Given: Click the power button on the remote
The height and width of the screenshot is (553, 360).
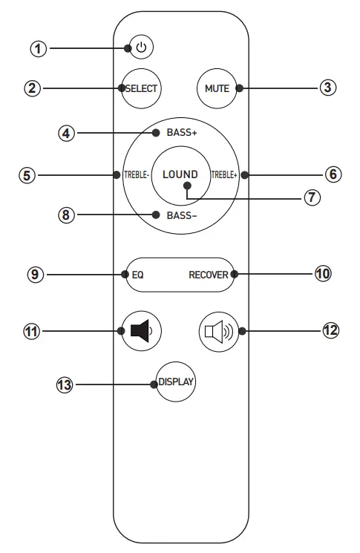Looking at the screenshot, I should pos(142,48).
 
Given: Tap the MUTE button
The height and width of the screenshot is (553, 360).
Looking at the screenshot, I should pos(217,88).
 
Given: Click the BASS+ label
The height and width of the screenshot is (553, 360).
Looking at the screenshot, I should pos(180,133).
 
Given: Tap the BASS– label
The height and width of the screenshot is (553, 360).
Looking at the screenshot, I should pos(180,215).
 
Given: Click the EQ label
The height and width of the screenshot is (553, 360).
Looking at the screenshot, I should pos(137,274).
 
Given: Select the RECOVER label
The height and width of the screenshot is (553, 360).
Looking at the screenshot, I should pos(208,274).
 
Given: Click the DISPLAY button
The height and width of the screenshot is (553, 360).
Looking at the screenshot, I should pos(176,383).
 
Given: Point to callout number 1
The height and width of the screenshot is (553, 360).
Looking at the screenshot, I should pos(38,49).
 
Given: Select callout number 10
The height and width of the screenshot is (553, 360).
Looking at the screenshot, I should pos(322,274).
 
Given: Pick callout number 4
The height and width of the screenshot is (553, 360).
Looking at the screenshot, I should pos(67,134).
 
